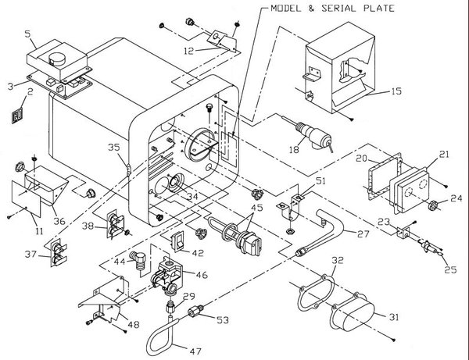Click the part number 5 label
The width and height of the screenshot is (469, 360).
tap(27, 34)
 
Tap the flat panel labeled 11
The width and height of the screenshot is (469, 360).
tap(27, 196)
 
